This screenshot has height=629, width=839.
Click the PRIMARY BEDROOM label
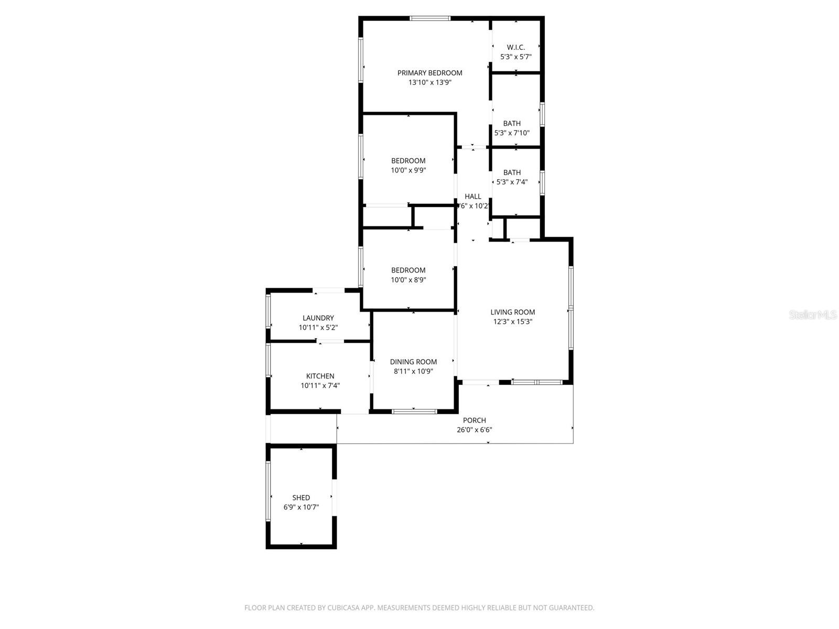click(x=429, y=73)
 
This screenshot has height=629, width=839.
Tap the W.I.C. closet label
click(x=515, y=47)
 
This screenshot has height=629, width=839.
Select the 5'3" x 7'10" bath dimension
click(x=512, y=133)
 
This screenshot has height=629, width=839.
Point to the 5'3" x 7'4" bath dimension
click(x=512, y=182)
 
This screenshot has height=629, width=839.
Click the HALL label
click(x=472, y=197)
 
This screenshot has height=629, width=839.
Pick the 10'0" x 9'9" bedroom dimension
click(x=408, y=170)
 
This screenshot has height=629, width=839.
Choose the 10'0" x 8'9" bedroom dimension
click(x=408, y=280)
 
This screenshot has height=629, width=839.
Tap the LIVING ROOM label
click(x=512, y=312)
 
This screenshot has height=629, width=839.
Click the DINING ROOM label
click(x=413, y=362)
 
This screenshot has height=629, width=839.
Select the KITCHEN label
click(x=320, y=376)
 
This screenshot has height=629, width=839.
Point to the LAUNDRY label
click(x=318, y=318)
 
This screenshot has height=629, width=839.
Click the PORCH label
click(x=474, y=420)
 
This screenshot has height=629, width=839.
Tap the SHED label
click(x=301, y=497)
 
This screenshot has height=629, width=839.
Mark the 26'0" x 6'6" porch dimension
click(x=474, y=430)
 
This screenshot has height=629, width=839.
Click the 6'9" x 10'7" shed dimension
click(x=301, y=507)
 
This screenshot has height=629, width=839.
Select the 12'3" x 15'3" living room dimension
click(x=512, y=322)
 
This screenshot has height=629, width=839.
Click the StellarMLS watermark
click(x=813, y=314)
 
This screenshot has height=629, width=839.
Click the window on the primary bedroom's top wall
click(x=430, y=18)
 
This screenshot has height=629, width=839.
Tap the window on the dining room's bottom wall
click(x=414, y=411)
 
